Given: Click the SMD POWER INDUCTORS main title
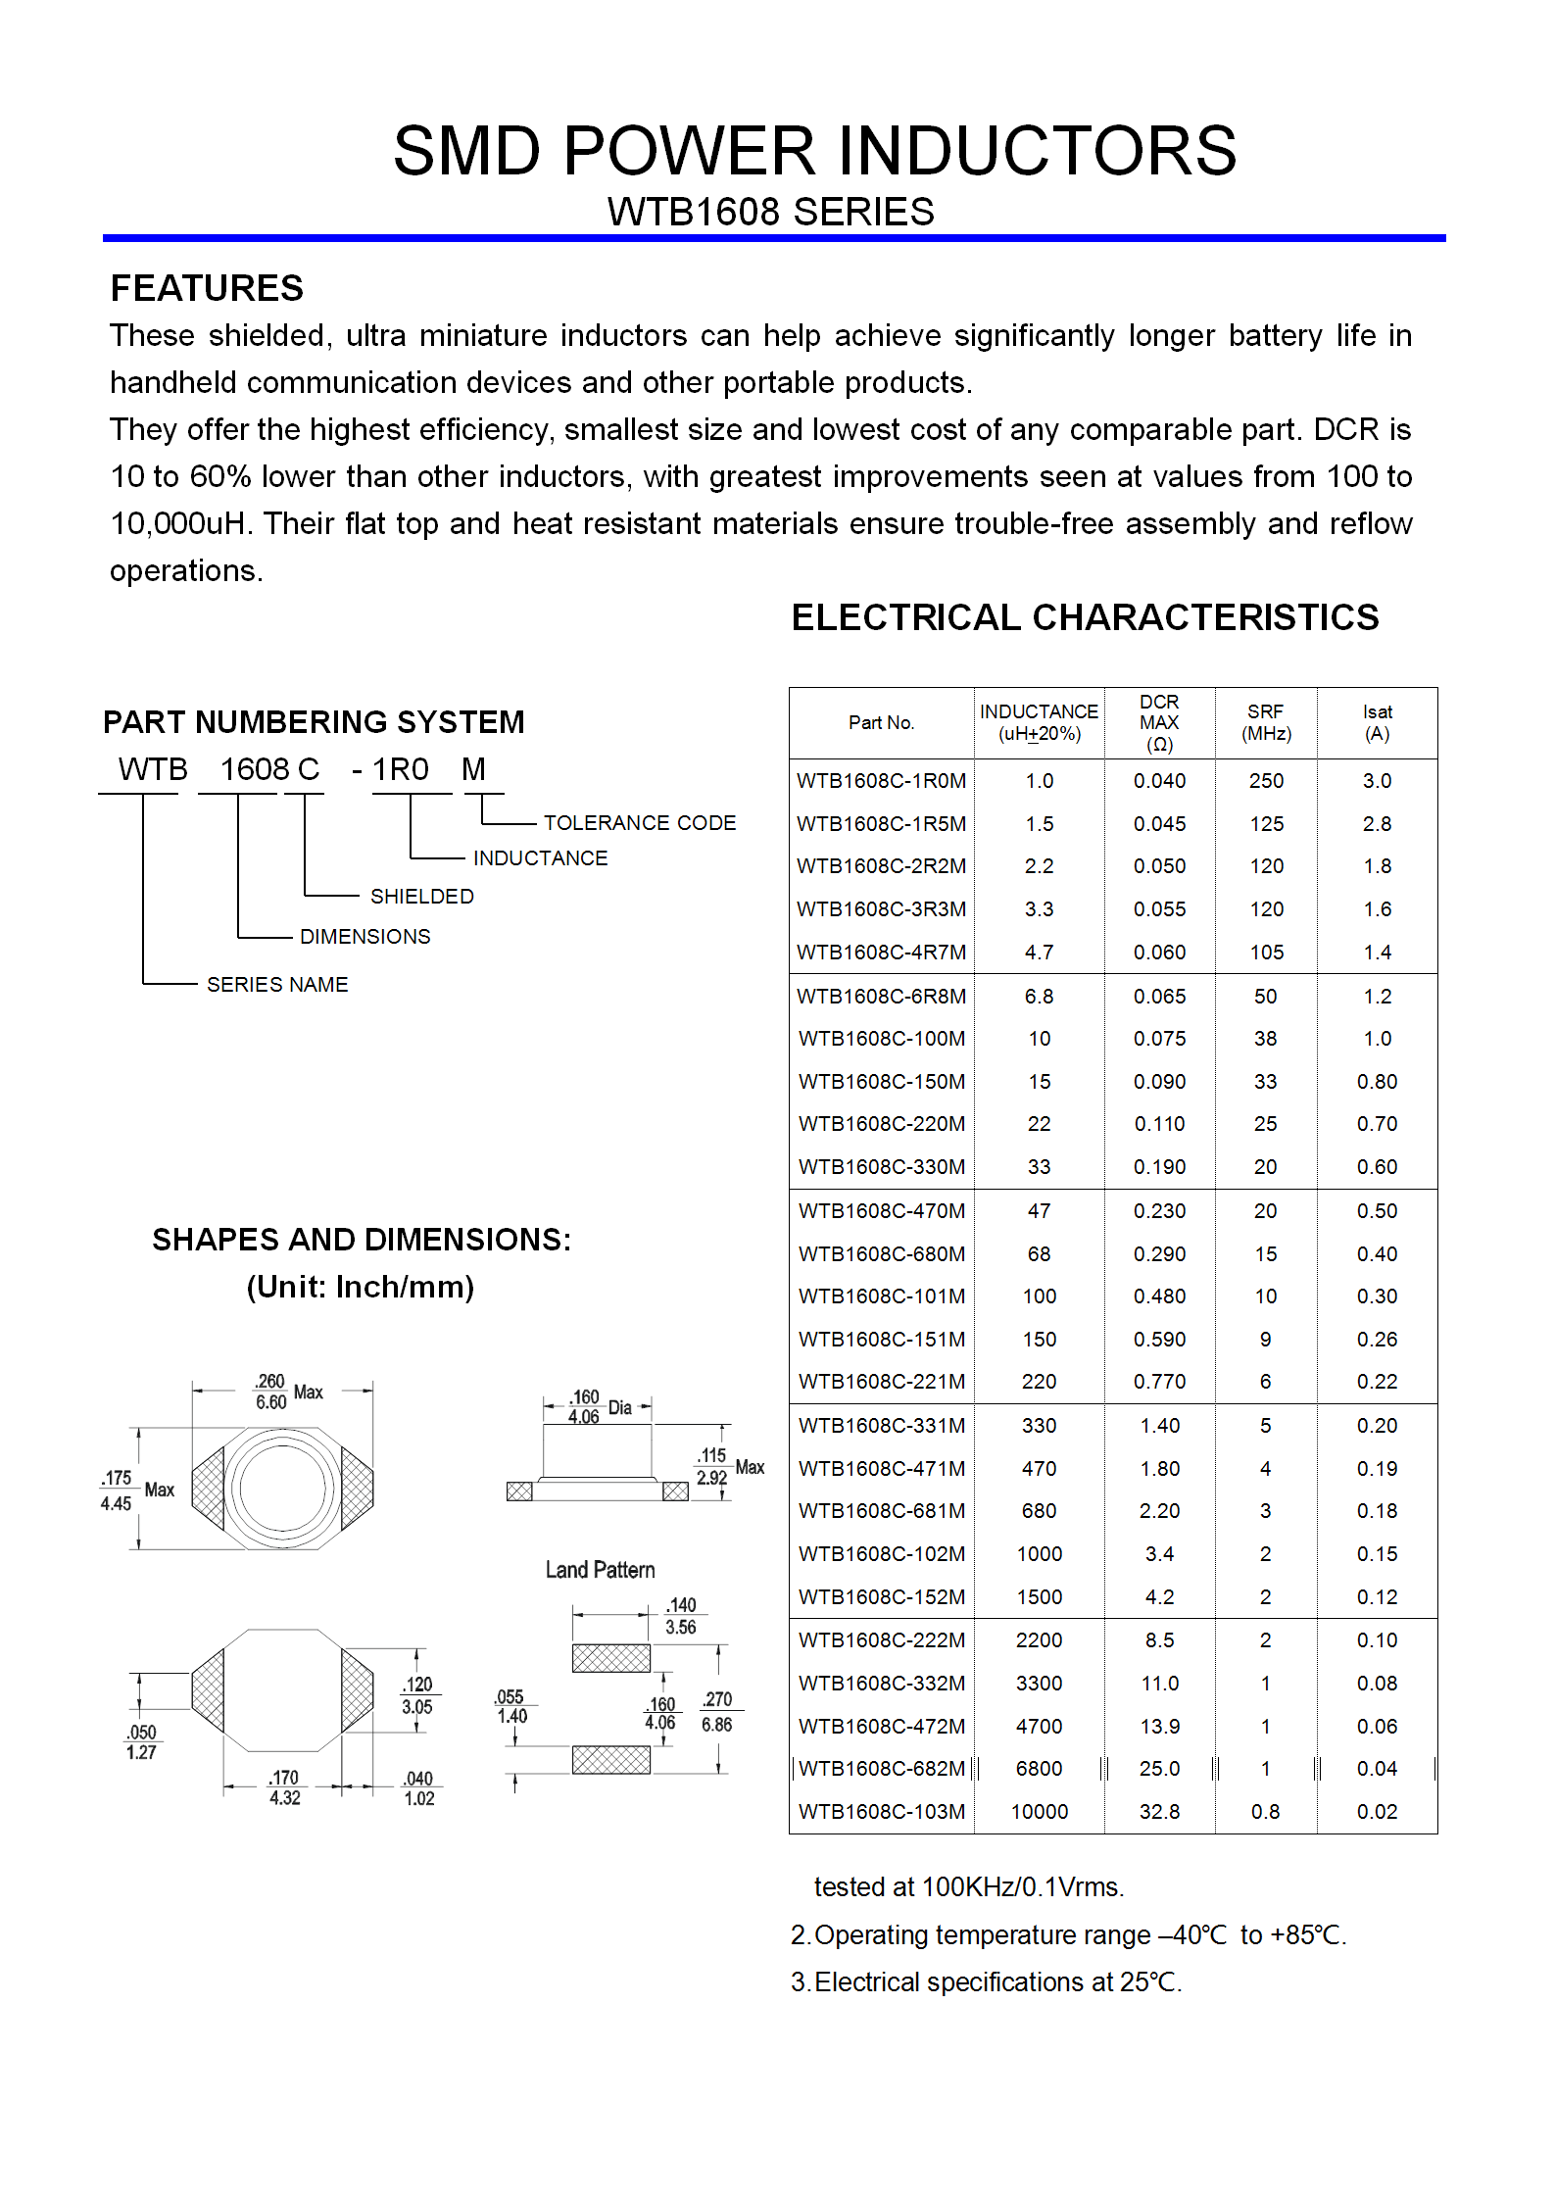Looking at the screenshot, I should [814, 151].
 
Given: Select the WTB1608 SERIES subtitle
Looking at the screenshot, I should [770, 212].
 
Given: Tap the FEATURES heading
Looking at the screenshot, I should [207, 288].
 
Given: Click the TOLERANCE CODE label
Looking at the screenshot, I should [639, 823].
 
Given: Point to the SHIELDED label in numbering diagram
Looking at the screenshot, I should [421, 897].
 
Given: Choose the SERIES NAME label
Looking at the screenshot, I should [277, 985].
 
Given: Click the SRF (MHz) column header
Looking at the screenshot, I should [1266, 723].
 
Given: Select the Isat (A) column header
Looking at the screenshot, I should [1377, 723].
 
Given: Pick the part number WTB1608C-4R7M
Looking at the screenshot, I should [881, 953].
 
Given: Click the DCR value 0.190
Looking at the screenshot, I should [1159, 1167].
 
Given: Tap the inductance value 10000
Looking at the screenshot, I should [1039, 1812].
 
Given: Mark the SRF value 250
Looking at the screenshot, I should [1266, 781].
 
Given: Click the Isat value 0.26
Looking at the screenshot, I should [1377, 1340].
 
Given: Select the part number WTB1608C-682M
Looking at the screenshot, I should [881, 1769].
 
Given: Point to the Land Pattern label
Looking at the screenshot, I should [600, 1570].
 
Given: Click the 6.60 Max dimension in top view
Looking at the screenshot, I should [271, 1402].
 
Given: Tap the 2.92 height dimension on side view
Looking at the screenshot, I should [712, 1478].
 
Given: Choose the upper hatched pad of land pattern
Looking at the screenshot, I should [610, 1658].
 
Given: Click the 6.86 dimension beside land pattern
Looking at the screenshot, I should [716, 1725].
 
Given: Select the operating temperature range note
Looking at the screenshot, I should [1068, 1935].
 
